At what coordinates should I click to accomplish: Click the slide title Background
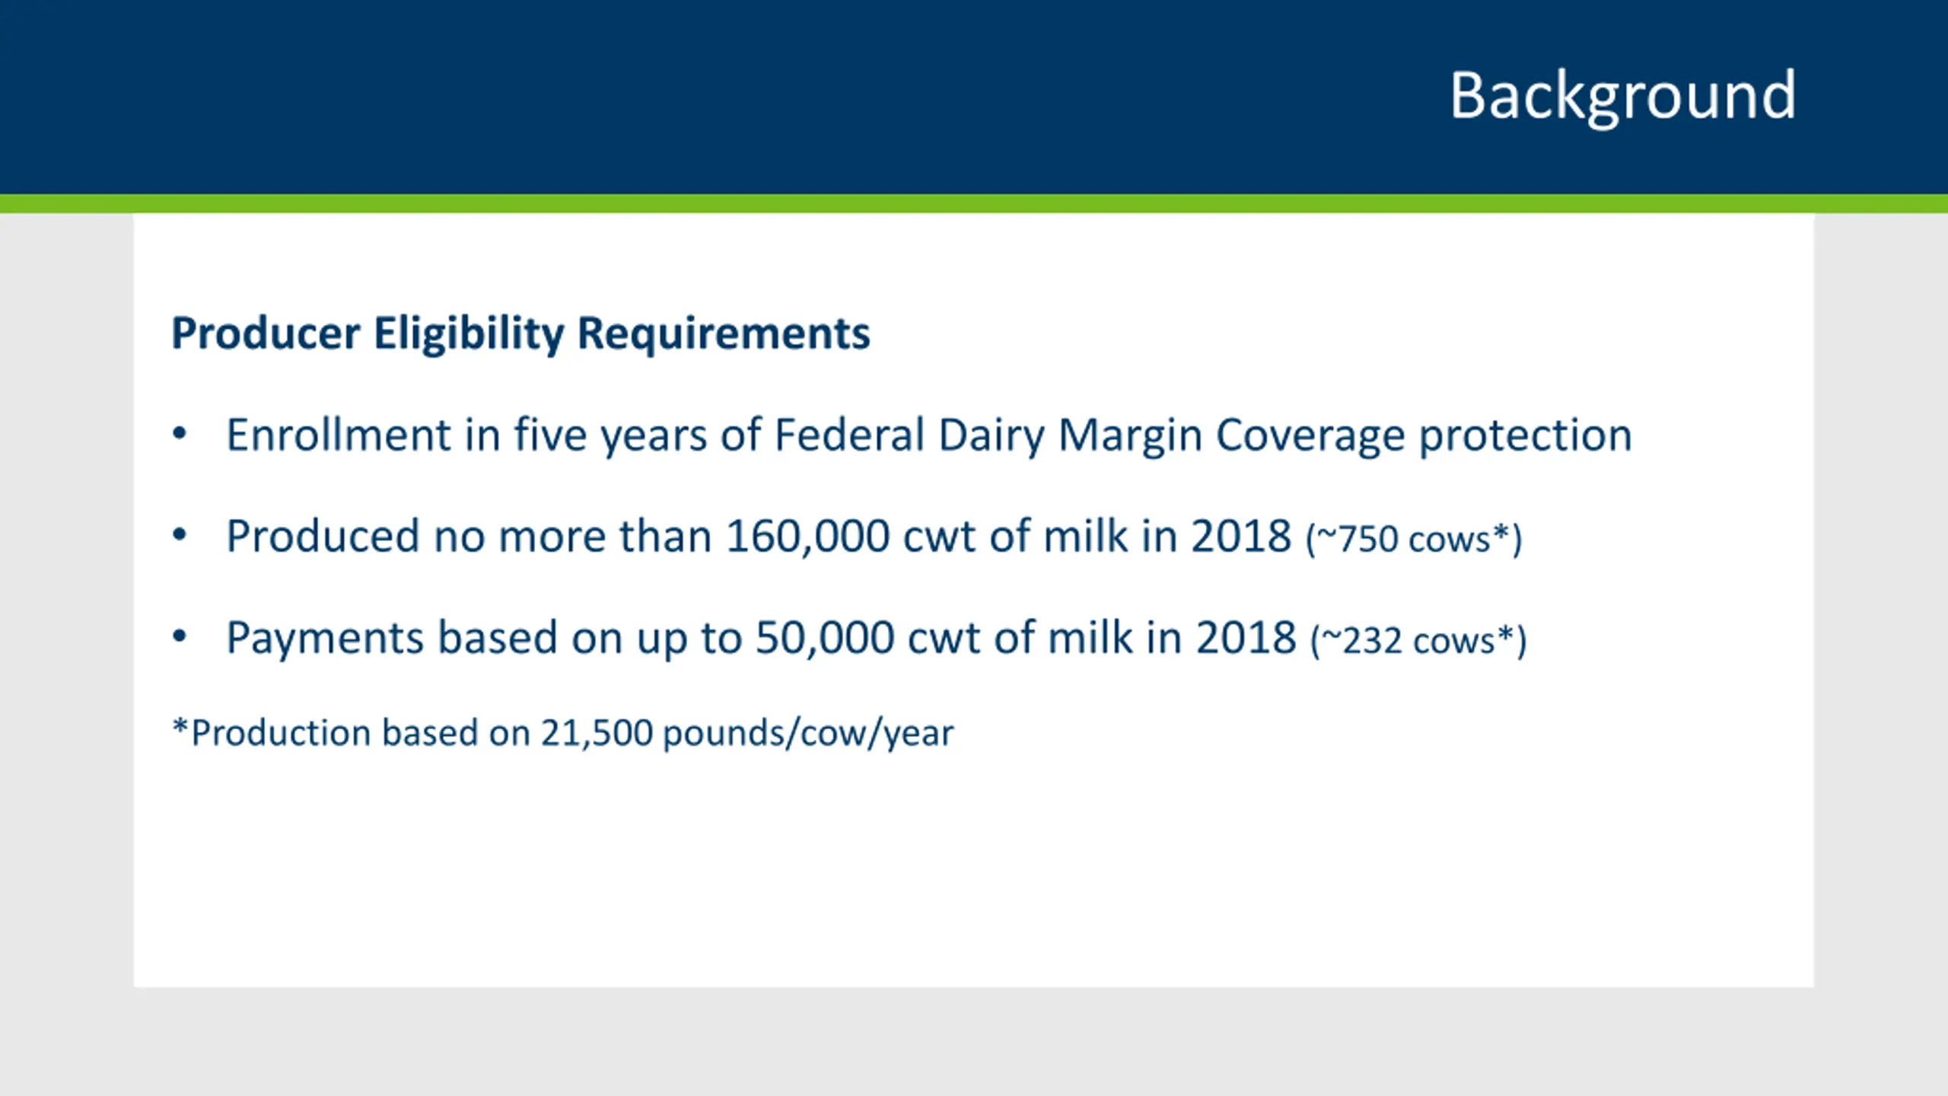tap(1622, 97)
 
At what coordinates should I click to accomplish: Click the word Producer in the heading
tap(266, 333)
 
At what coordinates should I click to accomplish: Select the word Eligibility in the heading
tap(469, 333)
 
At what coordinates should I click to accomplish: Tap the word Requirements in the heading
tap(724, 333)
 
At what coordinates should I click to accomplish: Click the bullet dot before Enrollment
tap(180, 435)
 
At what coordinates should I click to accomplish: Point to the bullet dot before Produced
tap(180, 535)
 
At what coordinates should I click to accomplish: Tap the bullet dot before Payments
tap(180, 636)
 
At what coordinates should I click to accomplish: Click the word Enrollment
tap(339, 435)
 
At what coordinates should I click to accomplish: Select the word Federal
tap(849, 435)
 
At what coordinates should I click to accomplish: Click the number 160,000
tap(807, 536)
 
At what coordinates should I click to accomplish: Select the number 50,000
tap(825, 637)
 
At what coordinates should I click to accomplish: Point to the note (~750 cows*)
tap(1414, 540)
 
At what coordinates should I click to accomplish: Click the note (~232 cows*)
tap(1418, 641)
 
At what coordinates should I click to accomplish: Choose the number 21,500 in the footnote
tap(597, 734)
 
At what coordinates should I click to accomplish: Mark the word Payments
tap(325, 639)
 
